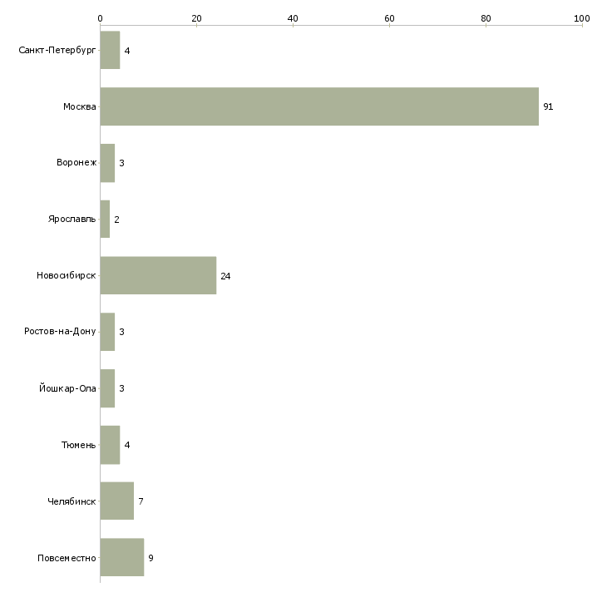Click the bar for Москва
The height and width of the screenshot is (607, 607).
coord(319,106)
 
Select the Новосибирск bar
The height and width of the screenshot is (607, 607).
coord(158,275)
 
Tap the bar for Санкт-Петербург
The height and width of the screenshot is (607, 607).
coord(110,50)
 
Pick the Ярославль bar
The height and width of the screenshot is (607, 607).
coord(105,220)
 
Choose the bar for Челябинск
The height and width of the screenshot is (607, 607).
coord(117,501)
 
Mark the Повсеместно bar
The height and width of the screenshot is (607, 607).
coord(122,557)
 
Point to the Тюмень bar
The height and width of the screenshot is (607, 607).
coord(110,445)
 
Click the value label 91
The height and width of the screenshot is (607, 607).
coord(548,106)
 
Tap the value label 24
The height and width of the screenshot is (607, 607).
coord(225,276)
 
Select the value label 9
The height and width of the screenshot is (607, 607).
coord(151,558)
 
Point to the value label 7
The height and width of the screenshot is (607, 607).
coord(141,501)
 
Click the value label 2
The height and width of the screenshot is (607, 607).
coord(117,220)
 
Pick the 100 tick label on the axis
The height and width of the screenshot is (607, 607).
coord(582,18)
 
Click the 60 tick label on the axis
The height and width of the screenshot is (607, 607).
coord(389,18)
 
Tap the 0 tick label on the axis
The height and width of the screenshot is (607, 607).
coord(101,18)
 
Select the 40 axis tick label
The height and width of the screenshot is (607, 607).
coord(293,18)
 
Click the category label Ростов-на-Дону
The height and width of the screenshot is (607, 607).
coord(60,332)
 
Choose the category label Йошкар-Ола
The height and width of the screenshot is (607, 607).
coord(67,387)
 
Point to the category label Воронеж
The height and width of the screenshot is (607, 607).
coord(76,163)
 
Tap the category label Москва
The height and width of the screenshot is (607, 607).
coord(80,106)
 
